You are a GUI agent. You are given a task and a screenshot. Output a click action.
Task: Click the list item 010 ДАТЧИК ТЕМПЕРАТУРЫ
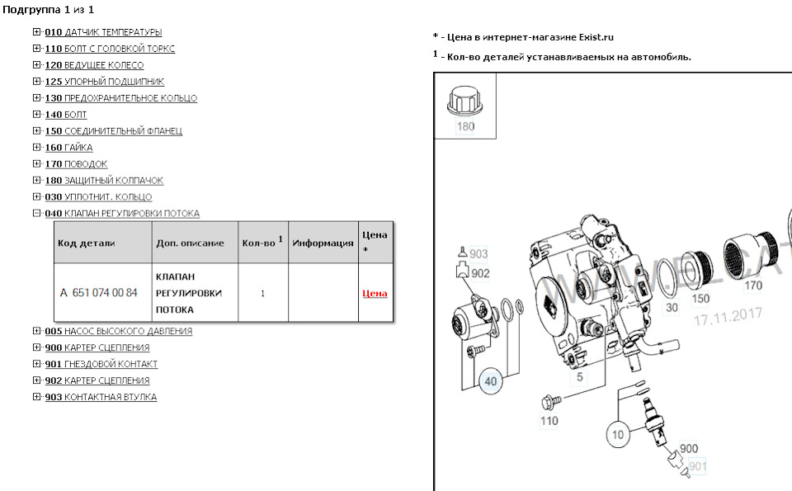pos(103,32)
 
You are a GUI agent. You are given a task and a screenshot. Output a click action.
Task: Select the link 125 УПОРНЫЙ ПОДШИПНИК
pos(104,82)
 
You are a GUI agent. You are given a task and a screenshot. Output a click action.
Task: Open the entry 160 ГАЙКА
pos(68,148)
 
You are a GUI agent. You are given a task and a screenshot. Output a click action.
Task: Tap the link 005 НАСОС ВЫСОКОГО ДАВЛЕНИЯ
pos(118,331)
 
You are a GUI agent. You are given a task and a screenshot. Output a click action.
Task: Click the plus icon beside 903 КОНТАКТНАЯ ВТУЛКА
pos(36,397)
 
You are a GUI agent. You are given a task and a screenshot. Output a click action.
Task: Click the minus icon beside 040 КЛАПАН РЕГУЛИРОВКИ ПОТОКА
pos(36,214)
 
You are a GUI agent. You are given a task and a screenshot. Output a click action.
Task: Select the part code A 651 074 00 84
pos(99,293)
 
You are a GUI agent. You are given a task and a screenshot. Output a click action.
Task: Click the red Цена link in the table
pos(375,293)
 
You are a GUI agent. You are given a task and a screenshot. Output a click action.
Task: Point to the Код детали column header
pos(87,243)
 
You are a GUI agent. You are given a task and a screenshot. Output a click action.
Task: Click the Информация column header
pos(323,243)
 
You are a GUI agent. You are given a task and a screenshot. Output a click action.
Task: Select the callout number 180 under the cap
pos(465,127)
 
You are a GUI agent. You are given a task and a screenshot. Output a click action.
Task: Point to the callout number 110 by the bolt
pos(549,420)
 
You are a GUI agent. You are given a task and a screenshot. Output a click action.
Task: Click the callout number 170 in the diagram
pos(753,287)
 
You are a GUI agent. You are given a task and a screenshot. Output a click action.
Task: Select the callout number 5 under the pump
pos(580,377)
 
